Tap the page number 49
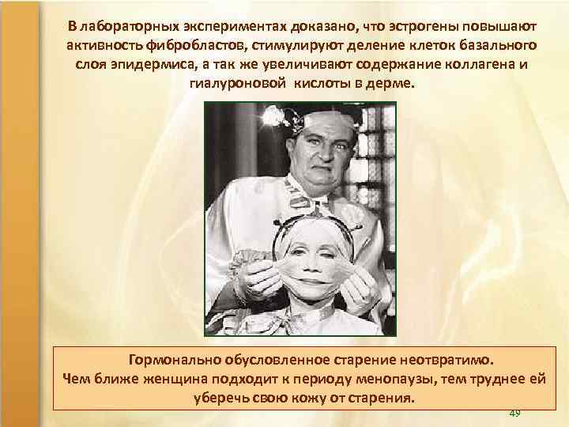pos(515,413)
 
